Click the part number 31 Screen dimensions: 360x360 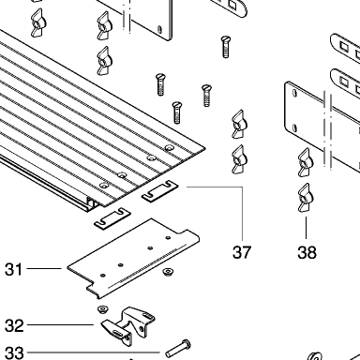point(14,269)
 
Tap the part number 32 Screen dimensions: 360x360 point(14,325)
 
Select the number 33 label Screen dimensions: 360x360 point(14,353)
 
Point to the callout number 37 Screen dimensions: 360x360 point(242,252)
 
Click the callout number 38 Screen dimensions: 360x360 point(307,252)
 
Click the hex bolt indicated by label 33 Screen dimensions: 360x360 point(178,349)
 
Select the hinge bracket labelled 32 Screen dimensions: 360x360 point(128,326)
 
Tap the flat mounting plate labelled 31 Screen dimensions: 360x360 point(134,258)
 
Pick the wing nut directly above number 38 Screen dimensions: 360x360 point(306,198)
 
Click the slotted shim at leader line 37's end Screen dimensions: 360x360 point(159,191)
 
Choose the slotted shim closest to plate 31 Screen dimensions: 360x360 point(112,218)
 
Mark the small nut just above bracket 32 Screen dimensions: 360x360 point(102,309)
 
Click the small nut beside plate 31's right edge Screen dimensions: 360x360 point(168,272)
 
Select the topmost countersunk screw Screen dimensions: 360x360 point(226,47)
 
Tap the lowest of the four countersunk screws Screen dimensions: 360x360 point(177,112)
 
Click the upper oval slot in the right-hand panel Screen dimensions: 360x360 point(294,93)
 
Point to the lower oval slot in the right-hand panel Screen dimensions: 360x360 point(294,127)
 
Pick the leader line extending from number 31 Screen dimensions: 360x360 point(44,268)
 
